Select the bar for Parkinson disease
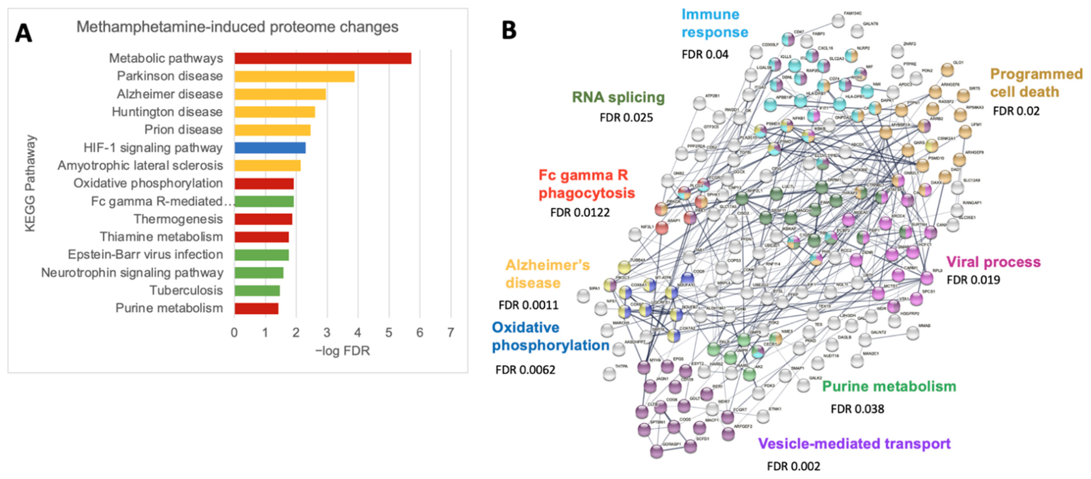(294, 76)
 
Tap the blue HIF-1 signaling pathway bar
(270, 148)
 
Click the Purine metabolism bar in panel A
(256, 308)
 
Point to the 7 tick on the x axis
(451, 333)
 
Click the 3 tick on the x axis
(327, 333)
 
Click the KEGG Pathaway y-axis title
(30, 183)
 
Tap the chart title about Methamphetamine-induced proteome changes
(237, 27)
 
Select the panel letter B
(509, 30)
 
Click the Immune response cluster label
(714, 23)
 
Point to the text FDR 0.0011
(528, 305)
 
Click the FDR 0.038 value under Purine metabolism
(857, 409)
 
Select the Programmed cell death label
(1036, 83)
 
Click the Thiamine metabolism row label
(161, 237)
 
